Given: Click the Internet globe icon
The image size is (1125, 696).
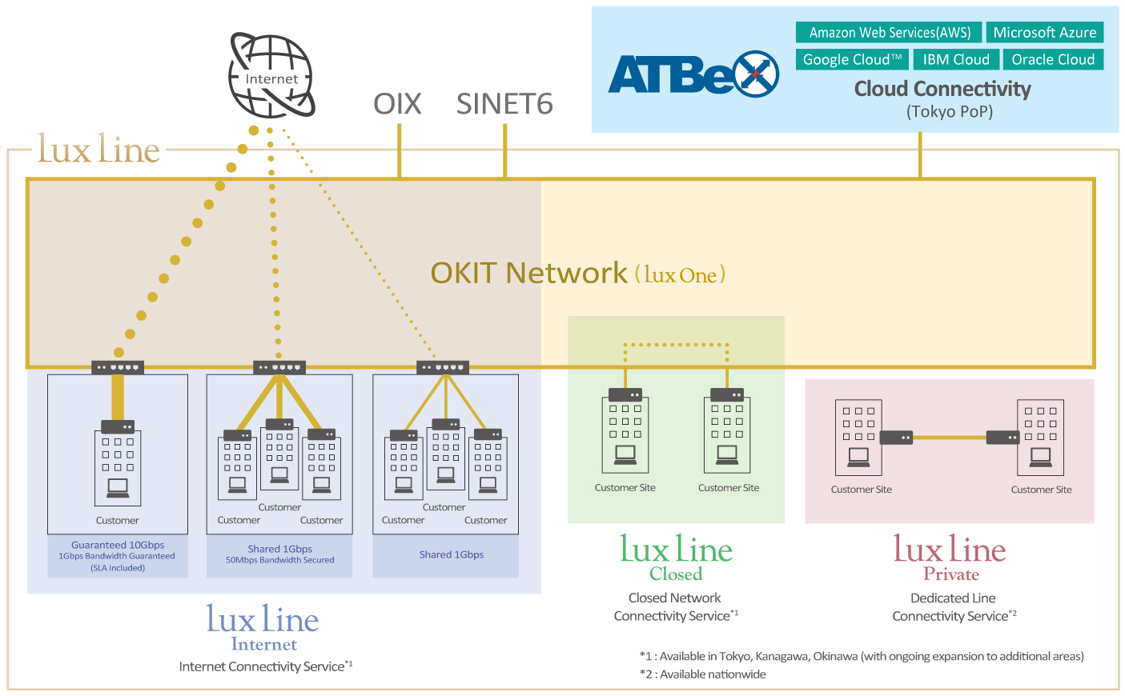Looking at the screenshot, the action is [x=271, y=75].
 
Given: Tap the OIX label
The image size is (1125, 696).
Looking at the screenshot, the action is [x=397, y=104].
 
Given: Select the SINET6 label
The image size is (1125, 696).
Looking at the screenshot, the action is [x=504, y=104].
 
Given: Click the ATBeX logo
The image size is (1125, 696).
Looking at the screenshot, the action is [x=693, y=74].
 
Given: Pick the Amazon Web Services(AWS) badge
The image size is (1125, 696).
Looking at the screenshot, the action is [x=889, y=33].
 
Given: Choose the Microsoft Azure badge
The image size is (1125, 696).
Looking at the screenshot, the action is [x=1045, y=33].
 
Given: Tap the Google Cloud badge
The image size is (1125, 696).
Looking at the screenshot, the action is [x=852, y=60].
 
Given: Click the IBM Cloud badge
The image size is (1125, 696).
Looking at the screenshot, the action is [x=956, y=60].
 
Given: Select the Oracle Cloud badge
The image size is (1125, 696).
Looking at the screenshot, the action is [x=1053, y=60].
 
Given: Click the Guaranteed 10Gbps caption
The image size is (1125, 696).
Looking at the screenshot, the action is [x=118, y=545].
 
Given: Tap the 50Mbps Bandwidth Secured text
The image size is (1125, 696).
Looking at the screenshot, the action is [x=279, y=560].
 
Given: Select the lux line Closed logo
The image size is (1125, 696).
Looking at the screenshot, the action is [x=676, y=558].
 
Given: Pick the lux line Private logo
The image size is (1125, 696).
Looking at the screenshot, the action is [x=950, y=558].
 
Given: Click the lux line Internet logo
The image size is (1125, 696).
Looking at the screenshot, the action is [x=263, y=627].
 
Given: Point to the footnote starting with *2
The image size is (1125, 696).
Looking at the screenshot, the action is [x=702, y=674].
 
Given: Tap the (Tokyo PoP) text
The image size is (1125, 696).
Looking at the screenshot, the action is [x=949, y=111].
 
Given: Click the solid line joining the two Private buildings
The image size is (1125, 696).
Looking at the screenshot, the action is [x=949, y=438].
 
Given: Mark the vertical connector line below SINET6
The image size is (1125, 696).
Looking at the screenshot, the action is [x=504, y=150].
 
